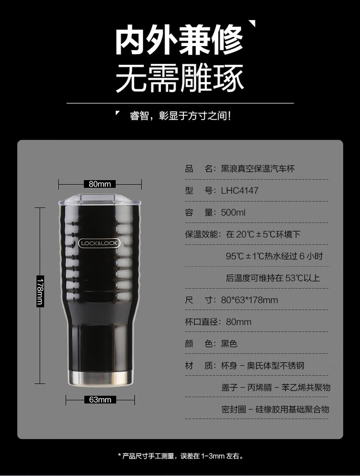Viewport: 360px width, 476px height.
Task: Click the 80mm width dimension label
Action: coord(100,184)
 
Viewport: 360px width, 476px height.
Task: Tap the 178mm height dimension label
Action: coord(40,292)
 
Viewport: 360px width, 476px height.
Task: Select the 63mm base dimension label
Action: coord(100,400)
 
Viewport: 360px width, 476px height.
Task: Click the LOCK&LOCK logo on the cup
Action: coord(99,243)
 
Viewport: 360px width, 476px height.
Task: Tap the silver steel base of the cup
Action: coord(100,378)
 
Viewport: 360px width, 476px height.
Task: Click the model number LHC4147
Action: coord(240,191)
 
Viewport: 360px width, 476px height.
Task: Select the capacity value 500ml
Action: coord(233,212)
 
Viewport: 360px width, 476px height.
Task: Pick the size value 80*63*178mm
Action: coord(249,300)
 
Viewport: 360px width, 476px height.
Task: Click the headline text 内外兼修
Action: coord(179,40)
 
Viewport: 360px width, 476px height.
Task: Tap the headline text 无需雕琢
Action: coord(180,78)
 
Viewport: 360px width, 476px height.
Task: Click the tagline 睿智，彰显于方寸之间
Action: coord(180,116)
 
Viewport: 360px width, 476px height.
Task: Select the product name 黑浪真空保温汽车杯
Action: coord(258,169)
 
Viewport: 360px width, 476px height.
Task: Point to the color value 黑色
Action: coord(229,343)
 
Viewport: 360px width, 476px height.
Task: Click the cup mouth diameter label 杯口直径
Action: coord(201,322)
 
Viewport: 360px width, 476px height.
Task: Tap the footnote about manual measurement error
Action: coord(180,456)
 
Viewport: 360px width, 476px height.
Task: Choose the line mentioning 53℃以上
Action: coord(273,278)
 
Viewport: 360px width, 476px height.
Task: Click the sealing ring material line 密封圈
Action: coord(275,409)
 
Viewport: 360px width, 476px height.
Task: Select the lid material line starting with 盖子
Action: coord(276,387)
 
